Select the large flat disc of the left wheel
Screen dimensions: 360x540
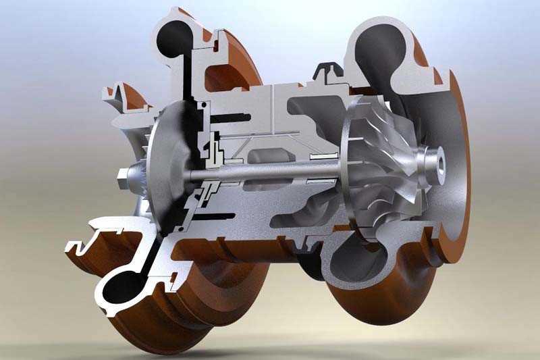tap(162, 169)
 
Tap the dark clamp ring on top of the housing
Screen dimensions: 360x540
tap(328, 68)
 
